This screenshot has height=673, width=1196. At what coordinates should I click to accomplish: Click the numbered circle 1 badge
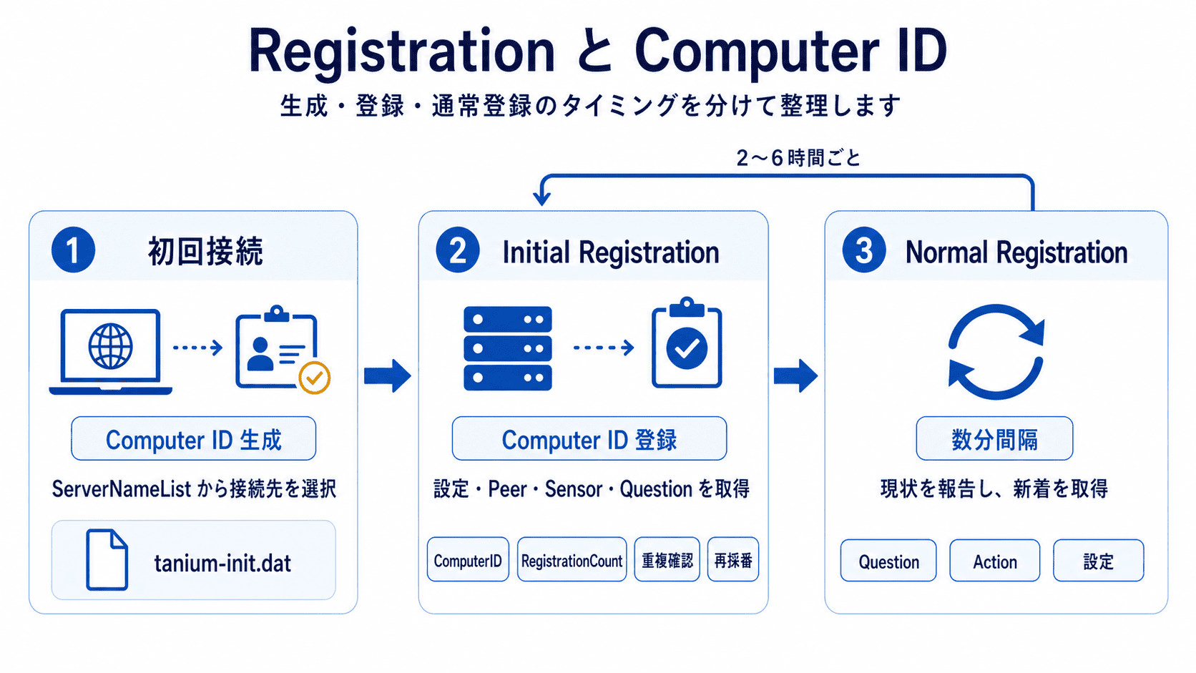tap(73, 250)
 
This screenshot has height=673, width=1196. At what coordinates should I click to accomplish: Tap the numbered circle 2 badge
tap(457, 250)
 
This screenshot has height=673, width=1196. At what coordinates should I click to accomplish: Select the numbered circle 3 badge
tap(863, 250)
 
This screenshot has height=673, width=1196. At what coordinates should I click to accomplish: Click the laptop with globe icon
tap(111, 351)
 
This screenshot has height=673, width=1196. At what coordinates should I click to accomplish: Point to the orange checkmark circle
tap(314, 378)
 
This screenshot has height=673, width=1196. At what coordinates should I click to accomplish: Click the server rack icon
tap(508, 348)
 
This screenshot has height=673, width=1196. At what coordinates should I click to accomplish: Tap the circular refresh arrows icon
tap(996, 351)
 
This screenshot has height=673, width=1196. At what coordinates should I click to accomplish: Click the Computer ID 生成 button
tap(193, 439)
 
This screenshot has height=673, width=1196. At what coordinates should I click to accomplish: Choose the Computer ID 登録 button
tap(589, 439)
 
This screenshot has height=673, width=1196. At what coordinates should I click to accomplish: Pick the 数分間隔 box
tap(994, 439)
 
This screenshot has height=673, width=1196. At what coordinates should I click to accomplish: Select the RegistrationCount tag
tap(572, 560)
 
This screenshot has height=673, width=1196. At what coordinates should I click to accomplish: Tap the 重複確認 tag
tap(667, 560)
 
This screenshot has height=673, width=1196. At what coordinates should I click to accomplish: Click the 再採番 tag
tap(733, 560)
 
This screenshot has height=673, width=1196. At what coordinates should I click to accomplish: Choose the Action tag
tap(994, 561)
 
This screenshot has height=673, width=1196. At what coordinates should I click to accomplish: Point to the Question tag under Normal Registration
tap(888, 561)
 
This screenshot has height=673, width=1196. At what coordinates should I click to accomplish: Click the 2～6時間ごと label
tap(798, 157)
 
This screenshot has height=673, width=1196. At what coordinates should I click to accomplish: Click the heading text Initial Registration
tap(610, 252)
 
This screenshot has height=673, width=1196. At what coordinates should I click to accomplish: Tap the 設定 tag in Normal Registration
tap(1098, 561)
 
